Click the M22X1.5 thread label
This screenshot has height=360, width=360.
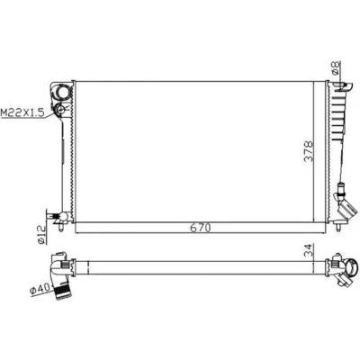click(22, 112)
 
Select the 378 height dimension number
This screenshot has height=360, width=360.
click(309, 151)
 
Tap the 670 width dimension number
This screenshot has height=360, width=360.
click(201, 228)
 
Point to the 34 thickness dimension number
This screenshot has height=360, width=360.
click(309, 249)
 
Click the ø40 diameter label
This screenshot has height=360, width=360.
click(40, 289)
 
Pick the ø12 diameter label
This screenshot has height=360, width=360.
click(41, 234)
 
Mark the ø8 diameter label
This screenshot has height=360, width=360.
click(336, 67)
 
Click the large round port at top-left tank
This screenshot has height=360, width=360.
click(62, 92)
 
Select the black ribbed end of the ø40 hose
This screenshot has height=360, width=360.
click(63, 292)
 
